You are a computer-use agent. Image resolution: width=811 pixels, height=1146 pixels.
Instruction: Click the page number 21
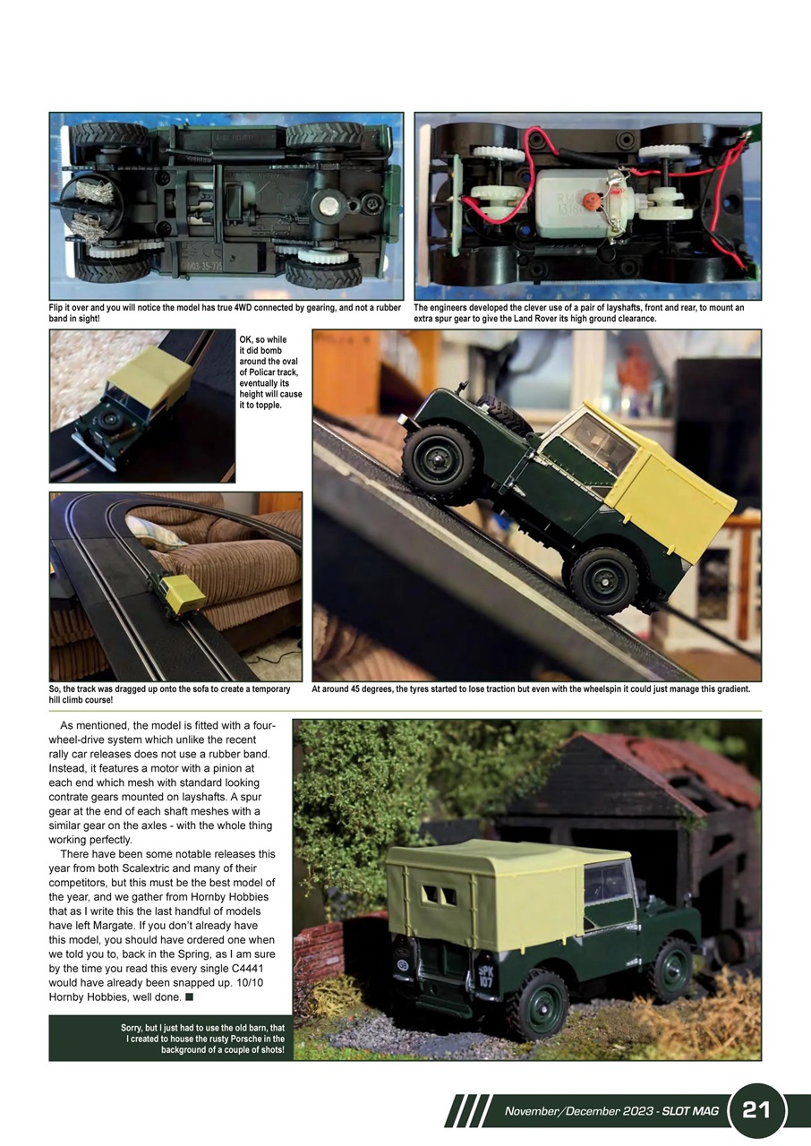coord(756,1111)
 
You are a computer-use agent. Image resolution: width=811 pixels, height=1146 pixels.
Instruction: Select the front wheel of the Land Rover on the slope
coord(438,462)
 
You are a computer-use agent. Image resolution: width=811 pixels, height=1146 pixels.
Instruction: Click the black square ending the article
coord(190,997)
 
